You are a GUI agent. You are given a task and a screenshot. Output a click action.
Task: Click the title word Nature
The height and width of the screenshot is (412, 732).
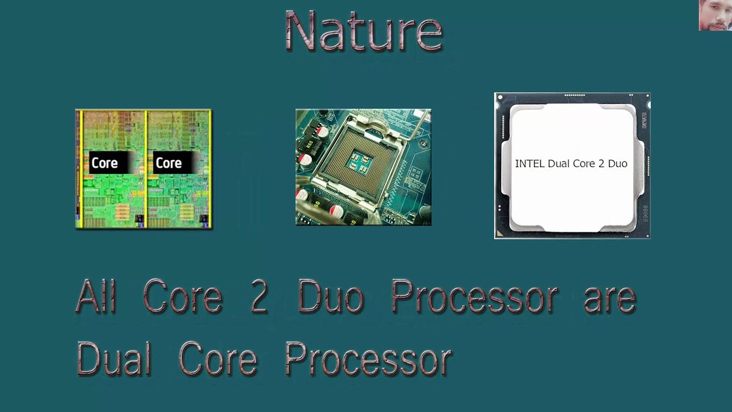[364, 31]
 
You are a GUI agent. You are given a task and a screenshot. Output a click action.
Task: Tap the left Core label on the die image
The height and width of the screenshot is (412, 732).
[105, 163]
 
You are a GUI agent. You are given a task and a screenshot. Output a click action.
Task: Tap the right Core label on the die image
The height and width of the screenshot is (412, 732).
[169, 163]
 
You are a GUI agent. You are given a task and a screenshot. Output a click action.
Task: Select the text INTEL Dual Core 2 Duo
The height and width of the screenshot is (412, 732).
[571, 164]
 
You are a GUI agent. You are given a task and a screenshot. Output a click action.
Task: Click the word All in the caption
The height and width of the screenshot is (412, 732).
[96, 296]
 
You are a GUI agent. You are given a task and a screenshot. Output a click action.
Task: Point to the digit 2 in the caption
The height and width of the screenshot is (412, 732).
[259, 296]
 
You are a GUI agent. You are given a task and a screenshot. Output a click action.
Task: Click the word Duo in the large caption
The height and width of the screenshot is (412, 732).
[331, 298]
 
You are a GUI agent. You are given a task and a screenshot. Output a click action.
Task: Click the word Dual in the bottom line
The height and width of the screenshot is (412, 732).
[114, 358]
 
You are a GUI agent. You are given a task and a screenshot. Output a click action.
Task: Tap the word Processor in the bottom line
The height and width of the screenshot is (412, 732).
[368, 359]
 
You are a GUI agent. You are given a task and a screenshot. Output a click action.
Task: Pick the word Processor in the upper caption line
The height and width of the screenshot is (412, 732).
[474, 298]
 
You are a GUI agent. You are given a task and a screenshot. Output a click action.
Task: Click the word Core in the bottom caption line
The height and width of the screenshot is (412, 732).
[217, 358]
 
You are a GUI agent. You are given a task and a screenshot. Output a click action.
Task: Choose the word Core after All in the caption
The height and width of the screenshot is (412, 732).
[182, 298]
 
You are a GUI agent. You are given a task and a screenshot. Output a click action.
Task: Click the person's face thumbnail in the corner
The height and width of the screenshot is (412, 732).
[715, 15]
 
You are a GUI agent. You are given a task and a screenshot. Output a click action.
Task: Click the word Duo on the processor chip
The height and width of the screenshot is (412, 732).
[618, 164]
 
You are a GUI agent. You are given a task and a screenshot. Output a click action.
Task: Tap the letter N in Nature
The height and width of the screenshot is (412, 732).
[302, 31]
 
